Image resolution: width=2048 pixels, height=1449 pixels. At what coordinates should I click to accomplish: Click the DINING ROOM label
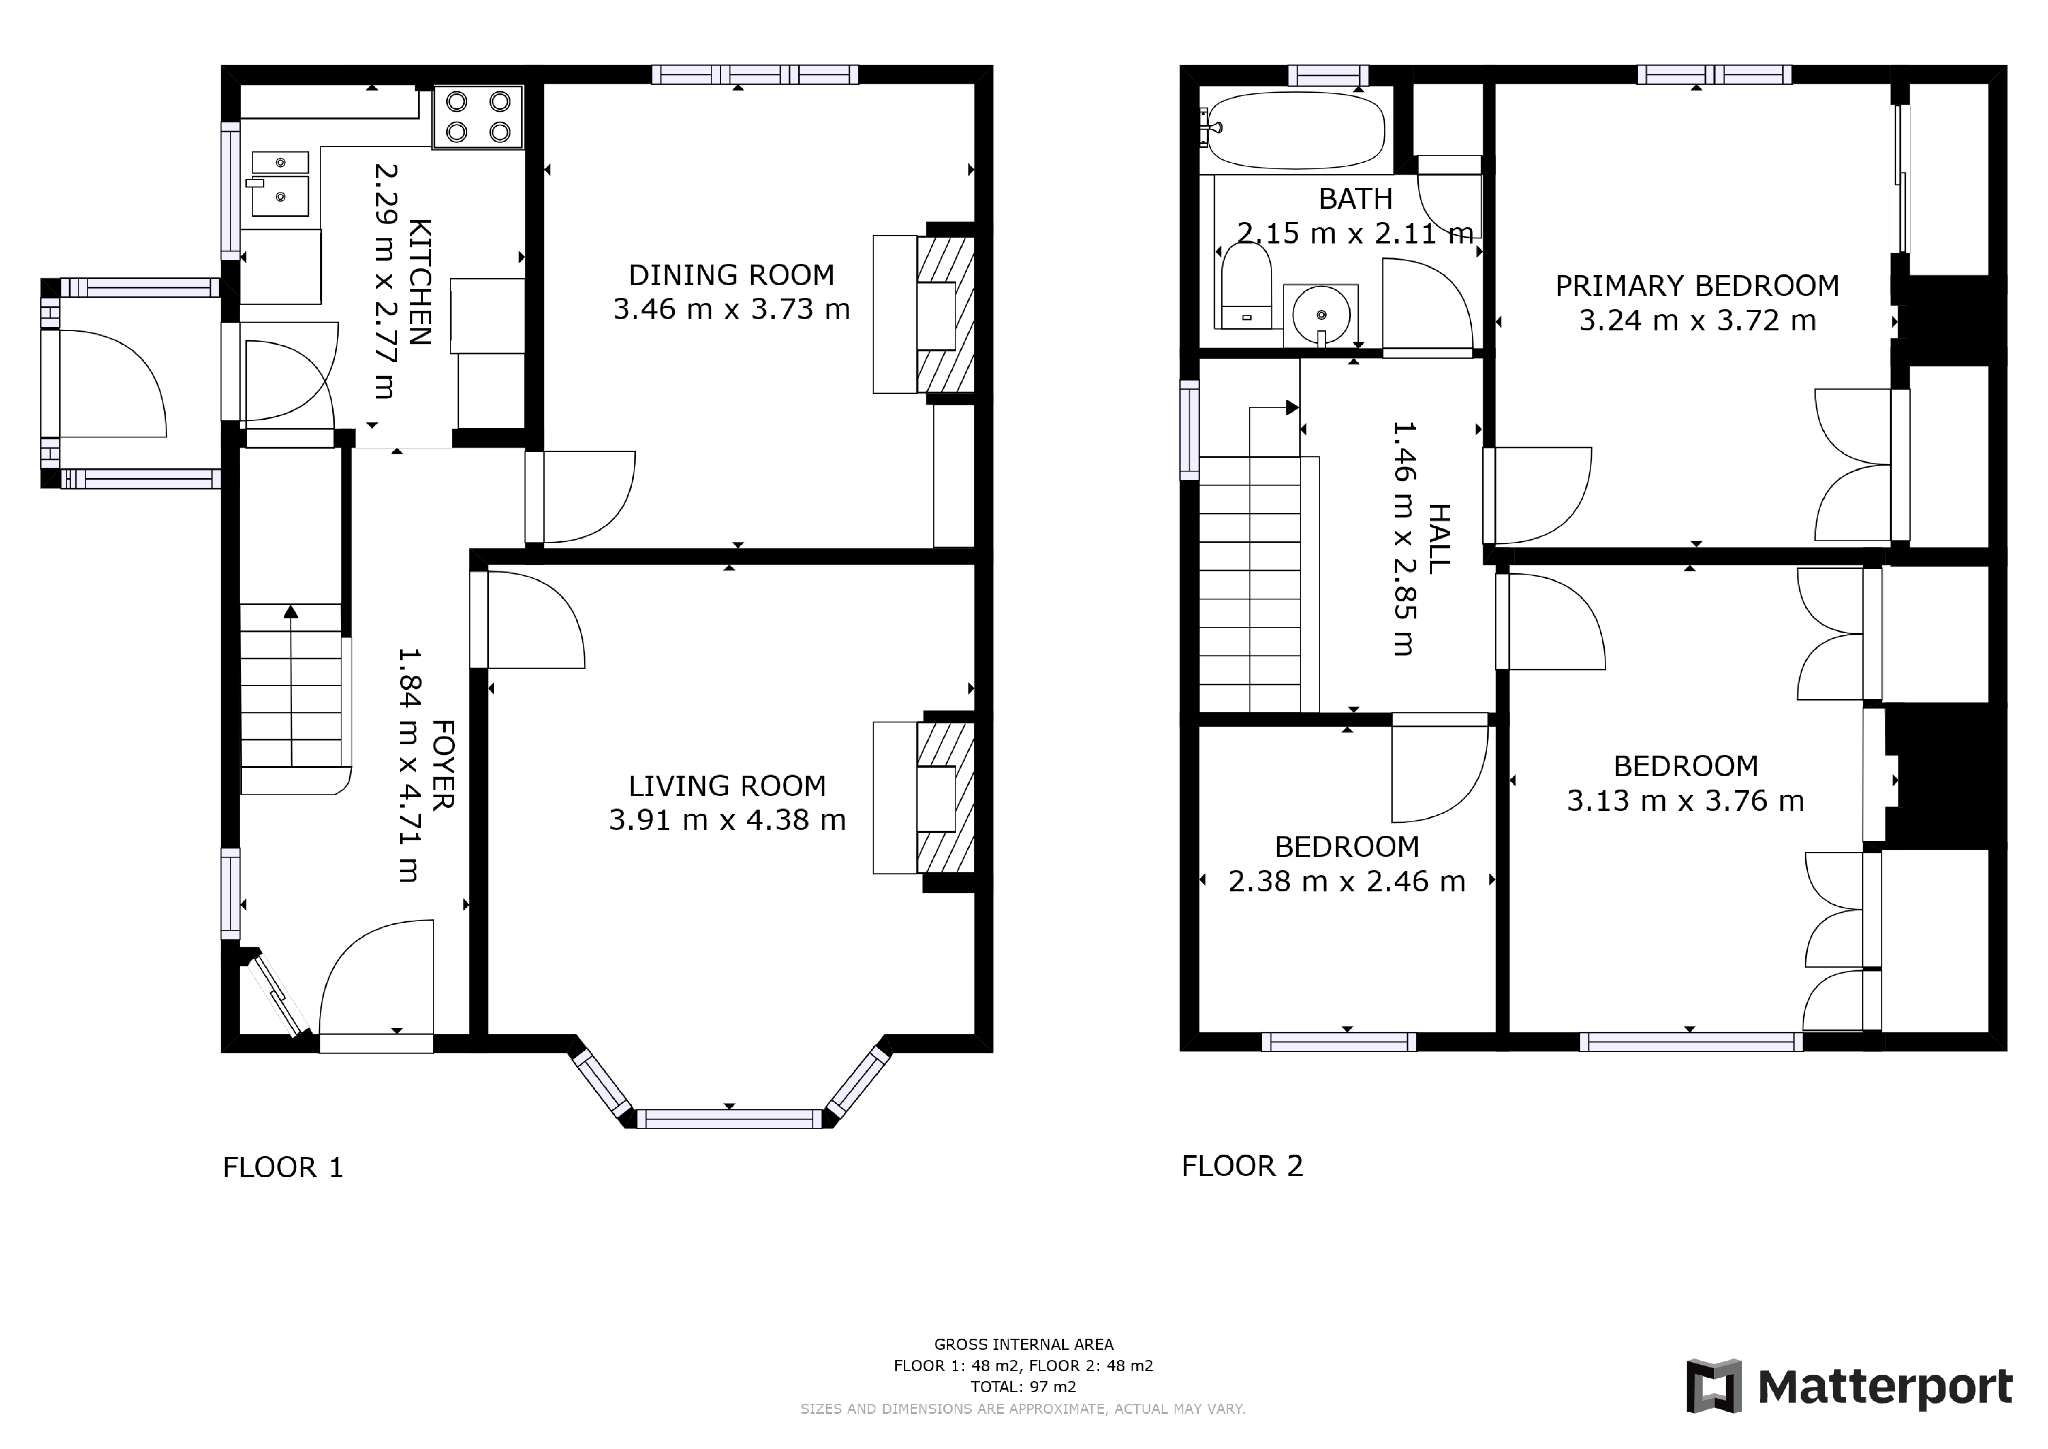point(731,275)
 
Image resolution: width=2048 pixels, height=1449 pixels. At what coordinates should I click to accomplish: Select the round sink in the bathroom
point(1320,315)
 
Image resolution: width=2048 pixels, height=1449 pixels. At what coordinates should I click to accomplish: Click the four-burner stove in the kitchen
point(478,118)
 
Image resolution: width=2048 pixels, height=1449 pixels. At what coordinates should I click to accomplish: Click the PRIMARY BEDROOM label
point(1697,286)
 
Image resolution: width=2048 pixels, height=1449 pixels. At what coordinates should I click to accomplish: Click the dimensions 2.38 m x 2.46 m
point(1346,882)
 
